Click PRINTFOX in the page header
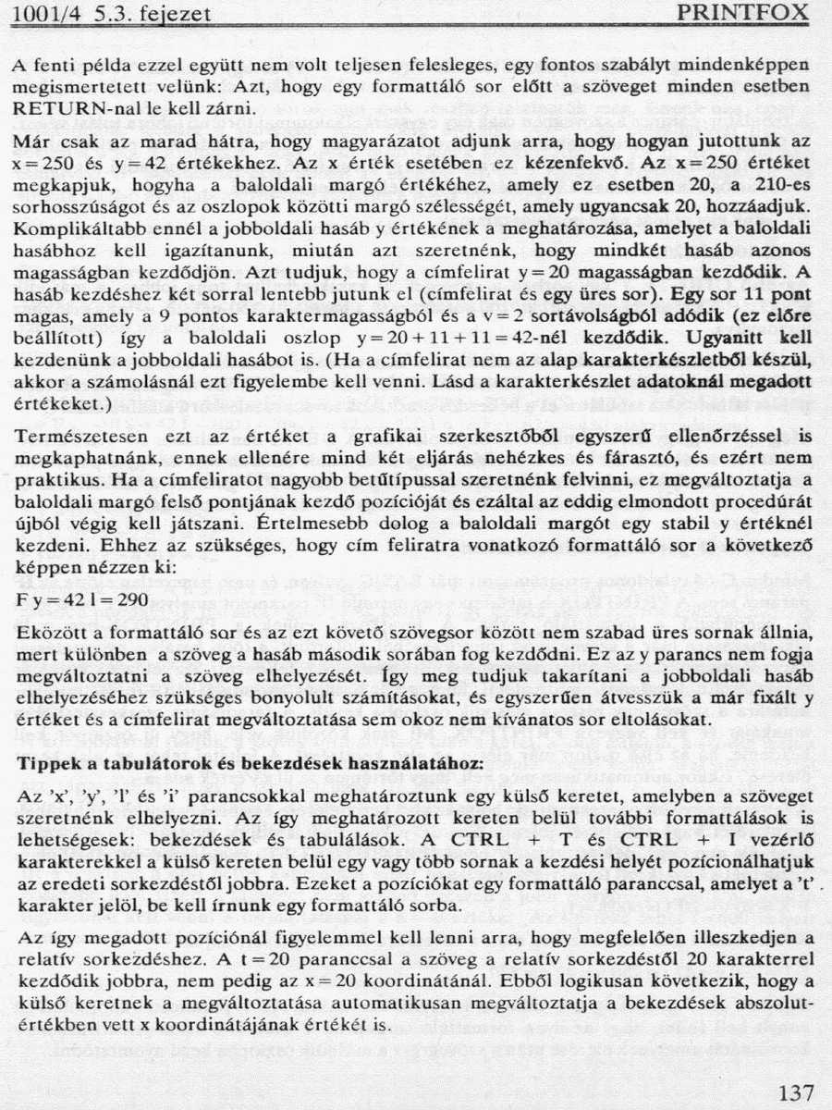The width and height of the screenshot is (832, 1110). (x=743, y=13)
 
